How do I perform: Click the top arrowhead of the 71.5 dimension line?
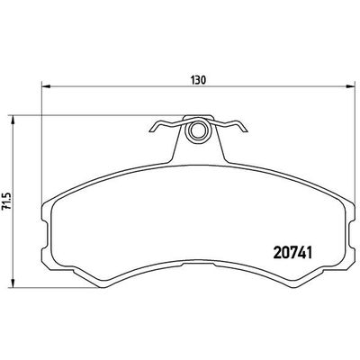[x=15, y=116]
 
